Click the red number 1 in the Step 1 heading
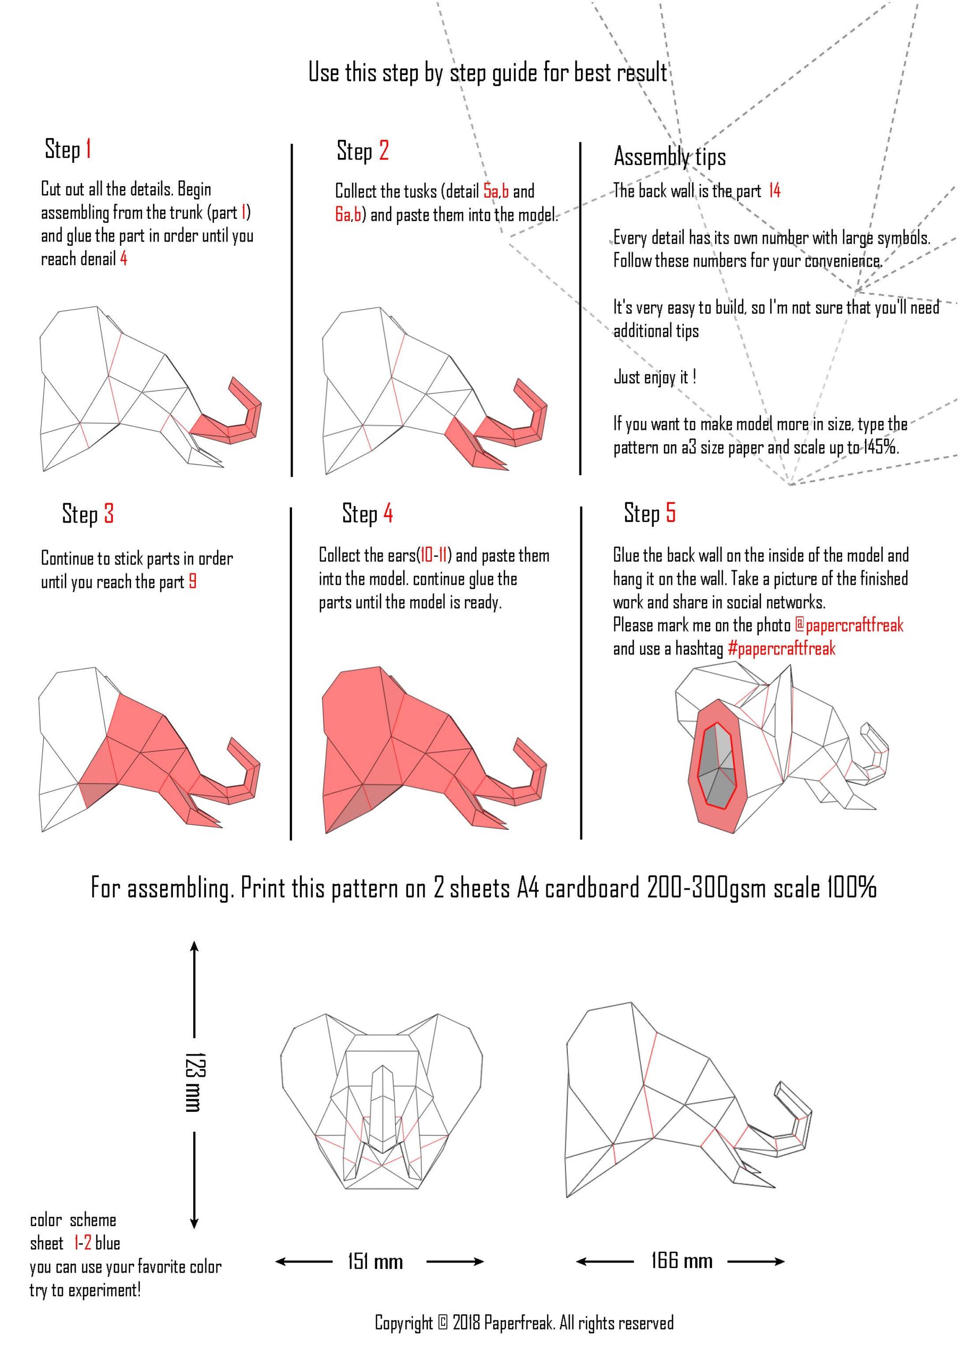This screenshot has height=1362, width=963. (88, 148)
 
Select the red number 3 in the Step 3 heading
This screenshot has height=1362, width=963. (109, 514)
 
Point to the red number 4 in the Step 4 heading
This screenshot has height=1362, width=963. (387, 513)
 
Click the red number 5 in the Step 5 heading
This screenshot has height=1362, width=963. (670, 512)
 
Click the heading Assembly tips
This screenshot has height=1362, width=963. (670, 156)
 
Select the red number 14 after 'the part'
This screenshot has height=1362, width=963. (774, 191)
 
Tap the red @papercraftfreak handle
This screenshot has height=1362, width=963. (849, 625)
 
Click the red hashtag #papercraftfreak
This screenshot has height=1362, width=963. (782, 649)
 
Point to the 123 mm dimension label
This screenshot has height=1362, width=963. (194, 1082)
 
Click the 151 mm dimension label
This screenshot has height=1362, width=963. (375, 1261)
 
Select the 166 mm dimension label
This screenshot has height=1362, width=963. (682, 1260)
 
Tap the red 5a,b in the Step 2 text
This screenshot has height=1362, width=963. (496, 191)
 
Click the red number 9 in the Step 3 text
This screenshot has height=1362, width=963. (192, 582)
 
